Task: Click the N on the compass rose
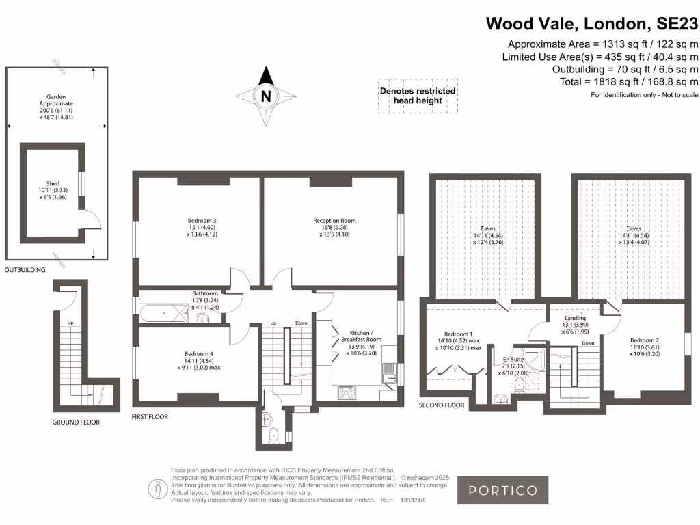(267, 96)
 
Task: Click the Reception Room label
(334, 221)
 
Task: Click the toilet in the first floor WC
(273, 433)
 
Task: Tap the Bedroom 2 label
(645, 340)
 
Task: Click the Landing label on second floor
(574, 318)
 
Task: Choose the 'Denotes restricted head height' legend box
(417, 96)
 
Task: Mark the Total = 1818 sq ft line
(625, 81)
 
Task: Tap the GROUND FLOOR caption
(76, 422)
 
